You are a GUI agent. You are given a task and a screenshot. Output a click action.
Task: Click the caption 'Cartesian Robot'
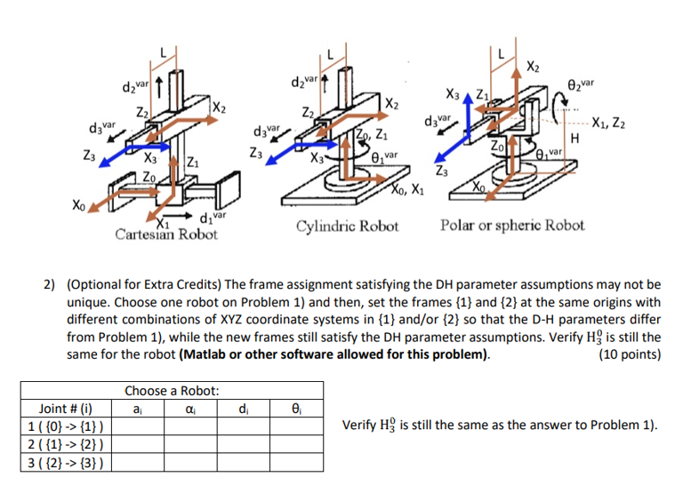point(166,235)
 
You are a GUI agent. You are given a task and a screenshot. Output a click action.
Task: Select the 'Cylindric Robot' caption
point(348,225)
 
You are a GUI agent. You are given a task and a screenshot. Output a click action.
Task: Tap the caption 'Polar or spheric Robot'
point(512,225)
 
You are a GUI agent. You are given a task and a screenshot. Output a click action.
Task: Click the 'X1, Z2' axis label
point(611,123)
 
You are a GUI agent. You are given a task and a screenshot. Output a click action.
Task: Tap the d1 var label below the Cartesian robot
point(214,218)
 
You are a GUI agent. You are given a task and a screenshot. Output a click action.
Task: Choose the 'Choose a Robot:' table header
point(172,391)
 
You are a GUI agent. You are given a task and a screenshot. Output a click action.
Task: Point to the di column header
point(243,409)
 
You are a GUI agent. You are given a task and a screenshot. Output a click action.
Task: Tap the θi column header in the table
point(295,409)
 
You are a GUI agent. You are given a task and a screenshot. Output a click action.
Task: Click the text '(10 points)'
point(631,354)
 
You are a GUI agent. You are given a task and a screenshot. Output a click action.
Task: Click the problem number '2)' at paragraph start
point(52,285)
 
